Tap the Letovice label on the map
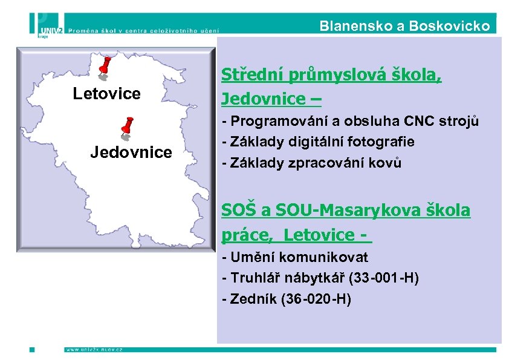pyautogui.click(x=106, y=94)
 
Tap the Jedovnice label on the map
pyautogui.click(x=131, y=152)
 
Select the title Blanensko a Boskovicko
pyautogui.click(x=404, y=26)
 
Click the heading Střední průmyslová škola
pyautogui.click(x=331, y=75)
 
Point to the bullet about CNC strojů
pyautogui.click(x=351, y=120)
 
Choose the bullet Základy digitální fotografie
pyautogui.click(x=318, y=142)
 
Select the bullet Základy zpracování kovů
pyautogui.click(x=311, y=163)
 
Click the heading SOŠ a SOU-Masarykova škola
pyautogui.click(x=345, y=211)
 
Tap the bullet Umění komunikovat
pyautogui.click(x=295, y=257)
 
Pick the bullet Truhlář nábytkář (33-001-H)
pyautogui.click(x=320, y=278)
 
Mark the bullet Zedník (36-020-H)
pyautogui.click(x=287, y=299)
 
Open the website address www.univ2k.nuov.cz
pyautogui.click(x=94, y=350)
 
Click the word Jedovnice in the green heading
pyautogui.click(x=265, y=98)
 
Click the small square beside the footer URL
pyautogui.click(x=32, y=350)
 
